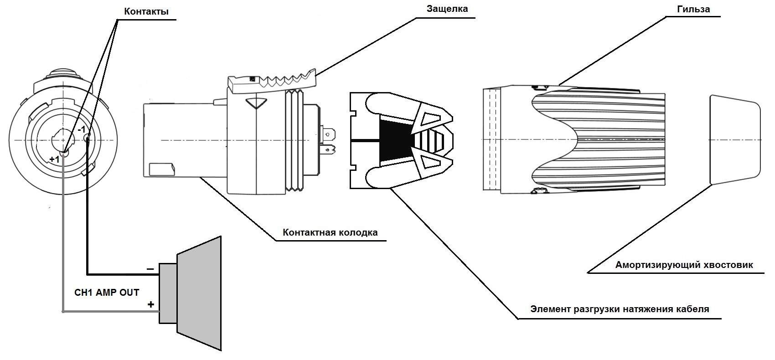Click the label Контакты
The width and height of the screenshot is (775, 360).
click(x=146, y=11)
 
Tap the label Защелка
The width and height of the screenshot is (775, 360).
click(x=447, y=9)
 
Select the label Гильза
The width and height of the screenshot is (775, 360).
click(x=694, y=9)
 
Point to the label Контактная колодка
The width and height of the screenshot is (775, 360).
click(x=330, y=232)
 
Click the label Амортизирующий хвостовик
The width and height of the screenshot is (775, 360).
click(x=684, y=265)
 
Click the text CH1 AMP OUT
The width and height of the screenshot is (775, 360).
click(x=107, y=293)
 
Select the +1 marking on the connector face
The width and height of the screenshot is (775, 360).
click(x=54, y=159)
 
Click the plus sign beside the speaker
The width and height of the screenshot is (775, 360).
click(x=150, y=304)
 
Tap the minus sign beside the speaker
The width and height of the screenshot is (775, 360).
click(x=150, y=269)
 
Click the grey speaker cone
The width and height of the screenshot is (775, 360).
click(x=199, y=293)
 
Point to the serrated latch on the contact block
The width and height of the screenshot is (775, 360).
click(x=272, y=82)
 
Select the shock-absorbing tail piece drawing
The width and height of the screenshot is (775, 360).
click(x=735, y=140)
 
